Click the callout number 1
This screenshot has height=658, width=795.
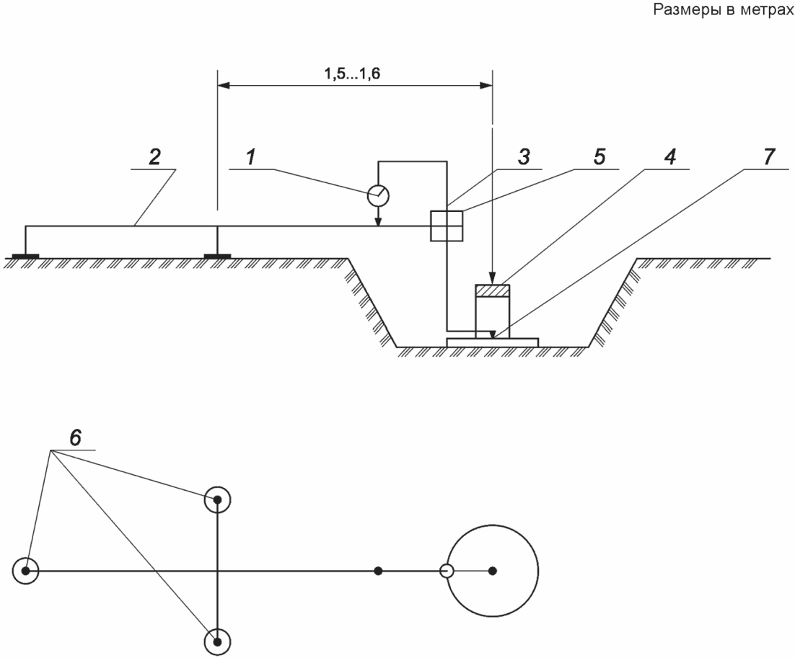coord(250,157)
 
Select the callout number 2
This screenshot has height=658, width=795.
coord(154,157)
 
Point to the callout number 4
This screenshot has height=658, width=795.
coord(669,157)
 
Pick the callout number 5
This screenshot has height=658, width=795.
coord(599,157)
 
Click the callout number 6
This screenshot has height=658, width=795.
coord(75,437)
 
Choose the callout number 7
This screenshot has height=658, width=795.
coord(769,157)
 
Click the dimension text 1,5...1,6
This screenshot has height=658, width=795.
coord(352,74)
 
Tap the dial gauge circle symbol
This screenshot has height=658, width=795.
coord(378,195)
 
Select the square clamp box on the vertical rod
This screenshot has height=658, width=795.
coord(446,226)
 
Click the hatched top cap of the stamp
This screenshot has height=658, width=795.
coord(492,290)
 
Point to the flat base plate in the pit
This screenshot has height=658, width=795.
coord(492,342)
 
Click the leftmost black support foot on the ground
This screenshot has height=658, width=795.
coord(25,257)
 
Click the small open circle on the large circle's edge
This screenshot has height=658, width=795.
coord(446,571)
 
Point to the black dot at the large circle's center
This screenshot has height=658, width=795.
coord(492,571)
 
